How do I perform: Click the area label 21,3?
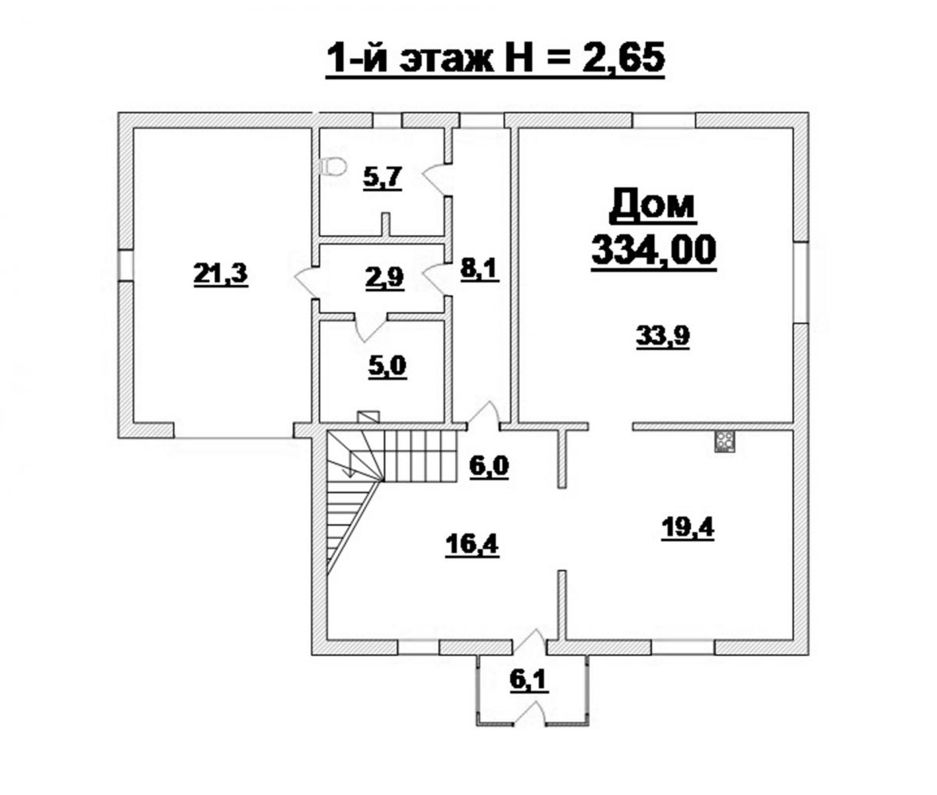tap(221, 275)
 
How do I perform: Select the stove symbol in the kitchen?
tap(725, 441)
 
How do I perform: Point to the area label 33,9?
tap(663, 337)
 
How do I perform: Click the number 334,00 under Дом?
tap(654, 251)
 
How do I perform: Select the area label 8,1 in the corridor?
tap(479, 270)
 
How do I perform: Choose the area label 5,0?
tap(387, 366)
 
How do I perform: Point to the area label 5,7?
tap(382, 177)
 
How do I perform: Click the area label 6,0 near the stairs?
tap(489, 467)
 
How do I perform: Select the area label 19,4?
tap(688, 529)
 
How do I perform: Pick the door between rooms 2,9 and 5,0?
tap(371, 327)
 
